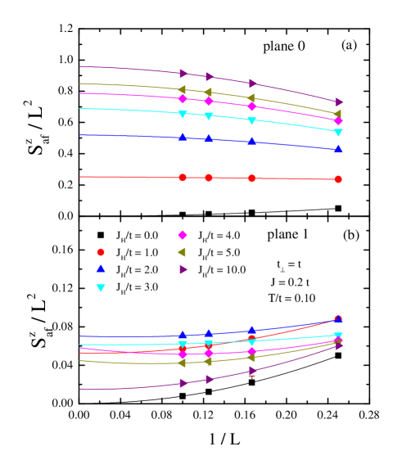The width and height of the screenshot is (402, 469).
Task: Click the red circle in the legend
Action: click(x=101, y=252)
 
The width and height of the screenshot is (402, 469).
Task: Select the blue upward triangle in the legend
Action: click(x=101, y=268)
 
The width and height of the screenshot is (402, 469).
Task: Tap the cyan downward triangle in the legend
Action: click(x=101, y=288)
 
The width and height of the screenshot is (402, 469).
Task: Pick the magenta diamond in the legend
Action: click(x=183, y=235)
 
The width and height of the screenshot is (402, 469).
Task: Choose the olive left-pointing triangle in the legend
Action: click(x=182, y=252)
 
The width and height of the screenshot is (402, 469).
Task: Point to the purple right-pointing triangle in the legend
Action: click(x=183, y=269)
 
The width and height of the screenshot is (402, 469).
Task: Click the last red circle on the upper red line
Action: click(x=338, y=179)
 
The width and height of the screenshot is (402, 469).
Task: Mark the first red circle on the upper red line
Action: click(x=183, y=178)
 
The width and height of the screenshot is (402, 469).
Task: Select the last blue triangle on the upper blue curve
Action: click(x=338, y=149)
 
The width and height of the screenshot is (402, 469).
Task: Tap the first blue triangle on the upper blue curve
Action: click(x=183, y=137)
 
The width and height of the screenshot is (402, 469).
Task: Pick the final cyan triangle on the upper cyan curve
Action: click(x=338, y=133)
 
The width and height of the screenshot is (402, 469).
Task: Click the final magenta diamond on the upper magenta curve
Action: click(x=338, y=121)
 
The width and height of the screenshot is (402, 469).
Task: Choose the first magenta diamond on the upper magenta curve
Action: click(x=183, y=98)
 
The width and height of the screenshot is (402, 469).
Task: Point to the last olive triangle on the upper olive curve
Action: click(x=337, y=114)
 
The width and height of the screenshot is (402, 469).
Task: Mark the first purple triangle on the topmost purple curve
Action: click(x=183, y=74)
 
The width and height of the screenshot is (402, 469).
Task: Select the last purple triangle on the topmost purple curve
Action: click(x=339, y=102)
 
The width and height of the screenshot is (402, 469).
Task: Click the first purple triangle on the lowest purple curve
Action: click(x=183, y=383)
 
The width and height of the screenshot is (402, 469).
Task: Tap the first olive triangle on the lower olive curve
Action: click(x=182, y=363)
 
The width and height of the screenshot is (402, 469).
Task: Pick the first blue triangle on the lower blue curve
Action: click(x=183, y=335)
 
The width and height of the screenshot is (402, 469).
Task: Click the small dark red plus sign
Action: click(x=251, y=376)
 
